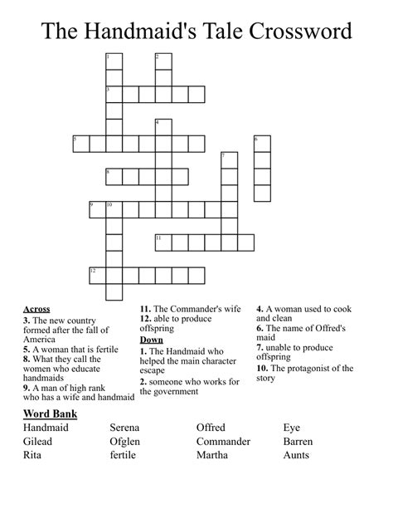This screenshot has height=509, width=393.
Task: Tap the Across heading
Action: pyautogui.click(x=36, y=309)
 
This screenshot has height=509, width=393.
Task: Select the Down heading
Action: pyautogui.click(x=152, y=340)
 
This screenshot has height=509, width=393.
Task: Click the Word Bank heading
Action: pyautogui.click(x=55, y=414)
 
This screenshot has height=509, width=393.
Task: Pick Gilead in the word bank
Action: pyautogui.click(x=41, y=441)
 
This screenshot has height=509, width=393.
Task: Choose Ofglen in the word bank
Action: pyautogui.click(x=125, y=441)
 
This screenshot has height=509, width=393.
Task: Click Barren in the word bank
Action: pyautogui.click(x=298, y=441)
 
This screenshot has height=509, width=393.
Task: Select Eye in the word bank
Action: pyautogui.click(x=292, y=427)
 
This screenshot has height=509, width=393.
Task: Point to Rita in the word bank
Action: pyautogui.click(x=36, y=454)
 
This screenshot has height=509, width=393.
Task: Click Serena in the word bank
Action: pyautogui.click(x=126, y=427)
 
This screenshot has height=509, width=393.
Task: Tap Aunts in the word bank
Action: pyautogui.click(x=296, y=454)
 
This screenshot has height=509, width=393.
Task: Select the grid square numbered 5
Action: pyautogui.click(x=80, y=144)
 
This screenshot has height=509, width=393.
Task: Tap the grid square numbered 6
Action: pyautogui.click(x=262, y=144)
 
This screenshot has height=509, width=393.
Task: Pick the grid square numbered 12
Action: pyautogui.click(x=97, y=275)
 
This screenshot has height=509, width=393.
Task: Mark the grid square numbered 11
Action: pyautogui.click(x=163, y=242)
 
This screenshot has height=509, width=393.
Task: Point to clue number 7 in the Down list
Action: pyautogui.click(x=259, y=348)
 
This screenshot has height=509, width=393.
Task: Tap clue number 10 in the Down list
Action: pyautogui.click(x=262, y=368)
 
